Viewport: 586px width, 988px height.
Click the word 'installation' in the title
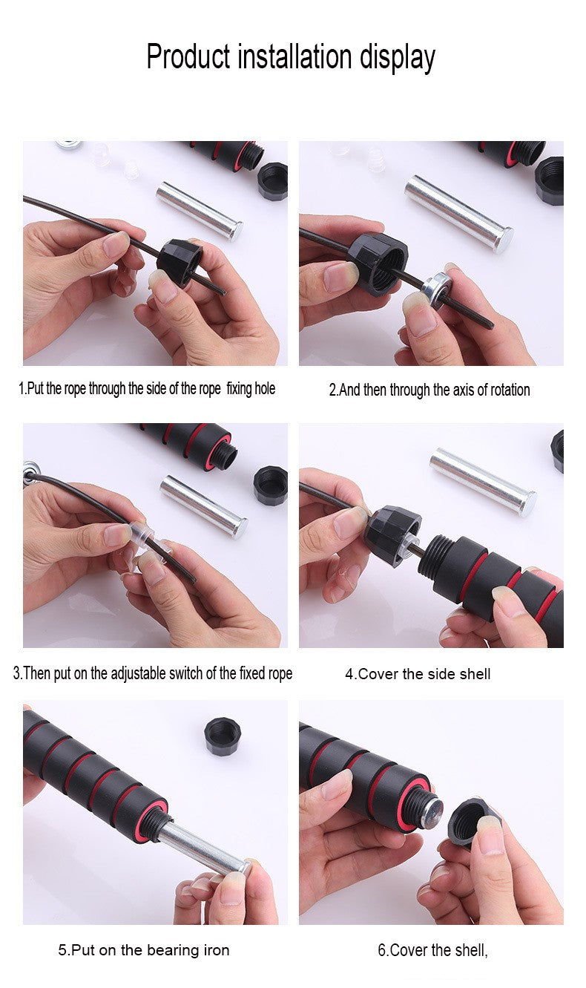[294, 56]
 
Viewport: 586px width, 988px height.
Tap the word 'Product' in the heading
[188, 56]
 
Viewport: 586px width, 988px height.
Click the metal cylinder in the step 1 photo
[200, 212]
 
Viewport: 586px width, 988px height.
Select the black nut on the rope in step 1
[180, 261]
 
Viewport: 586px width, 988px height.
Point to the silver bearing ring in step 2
[436, 289]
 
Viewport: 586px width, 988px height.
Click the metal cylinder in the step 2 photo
[459, 214]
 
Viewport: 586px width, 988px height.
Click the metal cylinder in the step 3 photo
[203, 506]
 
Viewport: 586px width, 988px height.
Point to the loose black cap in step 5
[223, 736]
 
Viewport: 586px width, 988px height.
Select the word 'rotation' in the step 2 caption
[510, 390]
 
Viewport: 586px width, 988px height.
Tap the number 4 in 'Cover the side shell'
[349, 675]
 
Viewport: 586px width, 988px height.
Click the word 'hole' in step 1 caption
[265, 388]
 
